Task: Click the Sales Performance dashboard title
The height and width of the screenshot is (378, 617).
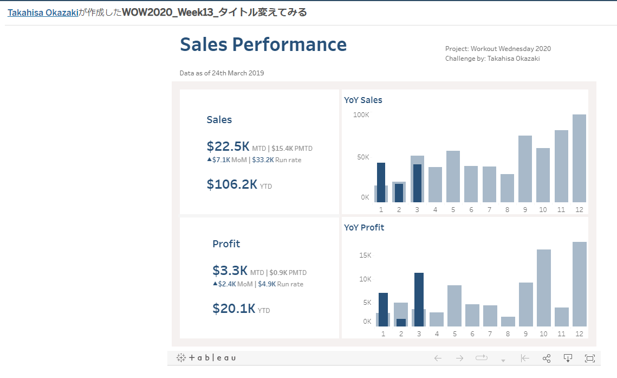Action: click(263, 44)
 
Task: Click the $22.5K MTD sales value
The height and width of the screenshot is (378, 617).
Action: click(228, 146)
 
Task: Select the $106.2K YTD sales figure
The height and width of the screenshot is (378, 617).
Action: click(232, 184)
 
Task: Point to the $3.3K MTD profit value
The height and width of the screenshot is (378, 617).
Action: click(230, 271)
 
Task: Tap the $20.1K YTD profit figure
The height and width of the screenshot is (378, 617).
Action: click(233, 309)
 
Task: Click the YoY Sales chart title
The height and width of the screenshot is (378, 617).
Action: click(363, 100)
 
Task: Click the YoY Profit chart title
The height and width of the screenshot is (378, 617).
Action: click(364, 227)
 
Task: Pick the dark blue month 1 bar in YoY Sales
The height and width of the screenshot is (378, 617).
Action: click(381, 182)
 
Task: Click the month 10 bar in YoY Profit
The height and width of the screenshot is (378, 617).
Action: click(544, 287)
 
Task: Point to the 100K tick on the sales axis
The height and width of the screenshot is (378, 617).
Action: click(361, 115)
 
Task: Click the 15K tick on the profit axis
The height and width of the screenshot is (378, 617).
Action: click(365, 255)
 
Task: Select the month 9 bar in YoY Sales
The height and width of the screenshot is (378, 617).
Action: click(525, 169)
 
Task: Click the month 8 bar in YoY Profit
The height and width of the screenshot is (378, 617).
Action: click(508, 321)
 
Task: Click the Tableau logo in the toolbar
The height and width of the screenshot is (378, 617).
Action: click(206, 358)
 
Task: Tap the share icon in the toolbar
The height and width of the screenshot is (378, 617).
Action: click(547, 358)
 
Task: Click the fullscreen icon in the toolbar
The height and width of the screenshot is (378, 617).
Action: click(590, 358)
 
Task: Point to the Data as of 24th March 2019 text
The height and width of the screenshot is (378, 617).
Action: click(222, 73)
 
